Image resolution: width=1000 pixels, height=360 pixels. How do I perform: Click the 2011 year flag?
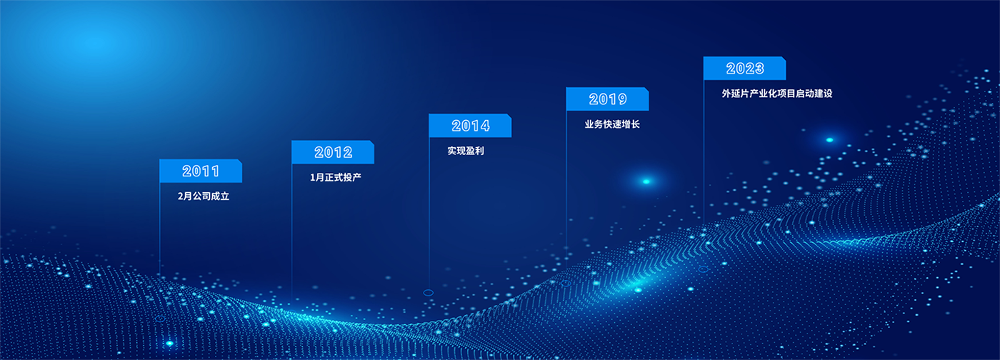click(201, 171)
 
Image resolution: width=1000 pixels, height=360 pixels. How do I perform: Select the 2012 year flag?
click(333, 152)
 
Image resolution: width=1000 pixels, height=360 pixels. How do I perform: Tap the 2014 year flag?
click(470, 126)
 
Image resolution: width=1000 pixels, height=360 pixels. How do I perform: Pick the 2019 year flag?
click(608, 99)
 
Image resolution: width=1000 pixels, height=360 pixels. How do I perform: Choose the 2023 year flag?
click(744, 69)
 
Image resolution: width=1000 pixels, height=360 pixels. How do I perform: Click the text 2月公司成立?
click(204, 196)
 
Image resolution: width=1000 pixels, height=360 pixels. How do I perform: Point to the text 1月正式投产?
click(336, 177)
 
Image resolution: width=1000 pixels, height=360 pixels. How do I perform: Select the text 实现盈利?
click(466, 151)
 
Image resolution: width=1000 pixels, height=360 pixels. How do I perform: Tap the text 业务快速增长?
click(612, 124)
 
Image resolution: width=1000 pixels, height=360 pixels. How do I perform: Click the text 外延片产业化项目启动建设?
click(777, 94)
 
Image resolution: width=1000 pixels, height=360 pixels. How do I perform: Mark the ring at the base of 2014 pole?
click(428, 293)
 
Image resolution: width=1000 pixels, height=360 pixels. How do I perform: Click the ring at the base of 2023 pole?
click(703, 269)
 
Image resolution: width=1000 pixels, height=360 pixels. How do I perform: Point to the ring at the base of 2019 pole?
click(566, 283)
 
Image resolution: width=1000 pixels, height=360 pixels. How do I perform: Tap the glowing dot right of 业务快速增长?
click(646, 181)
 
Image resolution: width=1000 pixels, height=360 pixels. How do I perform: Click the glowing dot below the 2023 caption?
click(829, 140)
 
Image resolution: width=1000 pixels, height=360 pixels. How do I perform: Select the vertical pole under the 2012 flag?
click(292, 233)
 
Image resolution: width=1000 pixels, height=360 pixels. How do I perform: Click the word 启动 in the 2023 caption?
click(804, 94)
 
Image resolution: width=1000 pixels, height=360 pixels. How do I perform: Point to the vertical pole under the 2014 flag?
click(429, 214)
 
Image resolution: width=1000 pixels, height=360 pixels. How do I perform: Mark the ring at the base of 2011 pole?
click(160, 319)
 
